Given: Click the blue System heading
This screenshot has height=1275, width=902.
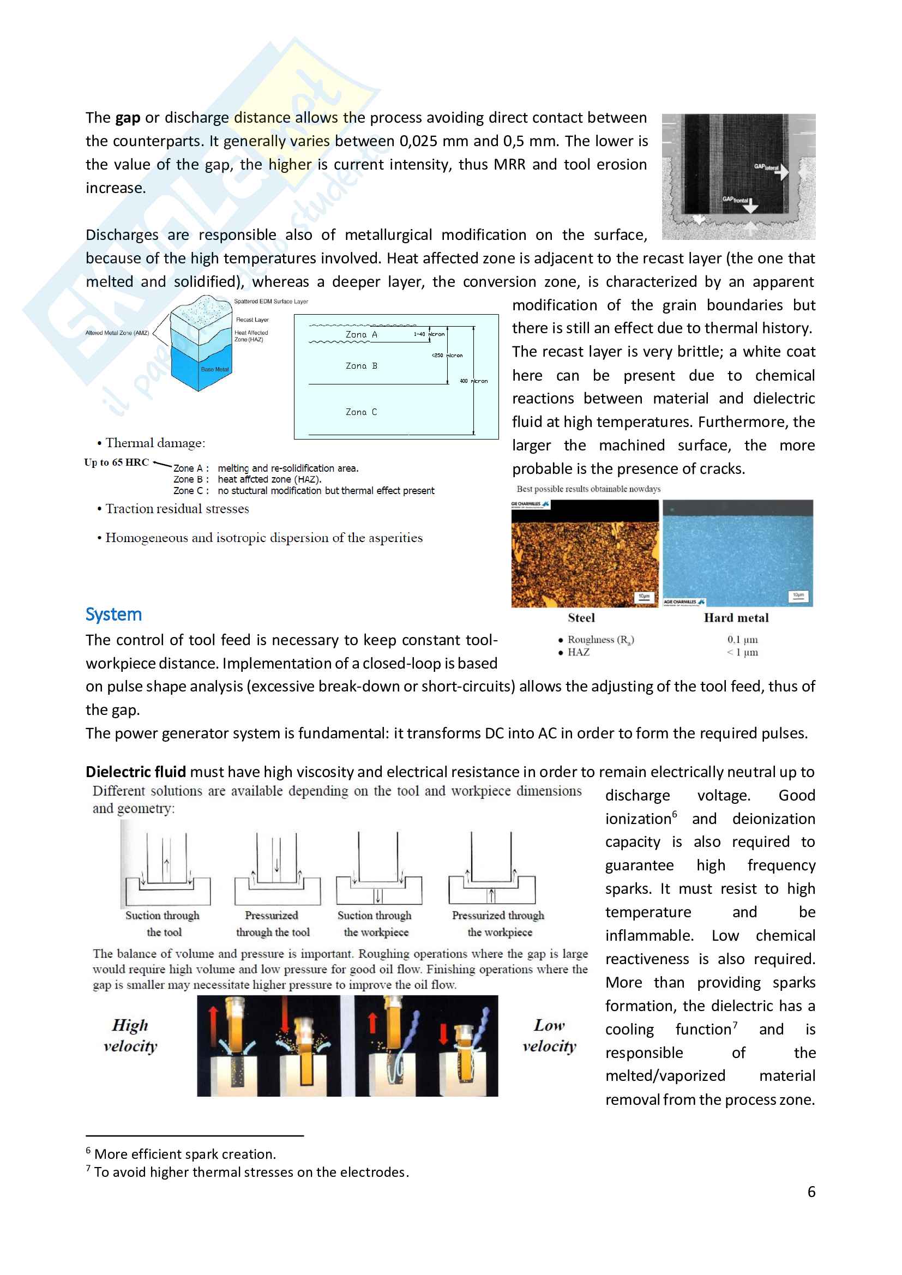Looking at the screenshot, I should (x=113, y=615).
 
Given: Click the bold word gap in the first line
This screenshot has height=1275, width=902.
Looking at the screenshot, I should (x=128, y=118).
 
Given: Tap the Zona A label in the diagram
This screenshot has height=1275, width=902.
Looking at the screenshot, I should (x=361, y=334).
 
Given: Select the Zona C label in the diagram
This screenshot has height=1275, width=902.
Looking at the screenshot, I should (x=361, y=412).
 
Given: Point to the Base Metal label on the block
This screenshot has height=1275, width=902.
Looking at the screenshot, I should (x=214, y=369).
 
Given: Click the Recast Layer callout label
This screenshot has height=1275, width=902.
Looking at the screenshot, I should (x=252, y=320).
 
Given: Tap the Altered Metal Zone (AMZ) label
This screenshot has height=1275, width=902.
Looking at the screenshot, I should (x=117, y=333).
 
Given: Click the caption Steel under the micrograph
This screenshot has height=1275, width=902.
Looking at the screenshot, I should (x=581, y=618).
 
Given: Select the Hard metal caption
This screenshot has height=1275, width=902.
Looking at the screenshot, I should (x=736, y=618).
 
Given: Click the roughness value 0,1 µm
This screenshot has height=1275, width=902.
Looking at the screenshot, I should (x=743, y=640).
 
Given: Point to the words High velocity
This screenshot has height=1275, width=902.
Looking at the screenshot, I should (x=130, y=1036).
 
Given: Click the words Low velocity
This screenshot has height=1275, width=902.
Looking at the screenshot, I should (x=549, y=1036).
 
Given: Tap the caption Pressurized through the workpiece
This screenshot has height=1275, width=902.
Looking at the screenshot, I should (x=498, y=923).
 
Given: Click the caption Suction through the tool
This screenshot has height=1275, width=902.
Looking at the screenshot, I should (x=163, y=923).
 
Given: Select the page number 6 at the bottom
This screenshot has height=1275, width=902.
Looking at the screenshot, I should (x=811, y=1192).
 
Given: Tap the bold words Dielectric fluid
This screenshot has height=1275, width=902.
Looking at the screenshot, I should (x=136, y=772).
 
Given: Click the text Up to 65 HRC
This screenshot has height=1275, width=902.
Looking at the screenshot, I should (x=117, y=462).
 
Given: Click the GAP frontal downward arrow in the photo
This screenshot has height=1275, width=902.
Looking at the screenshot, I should (x=750, y=207).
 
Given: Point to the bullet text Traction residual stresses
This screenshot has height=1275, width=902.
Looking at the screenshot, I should (x=177, y=509).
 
